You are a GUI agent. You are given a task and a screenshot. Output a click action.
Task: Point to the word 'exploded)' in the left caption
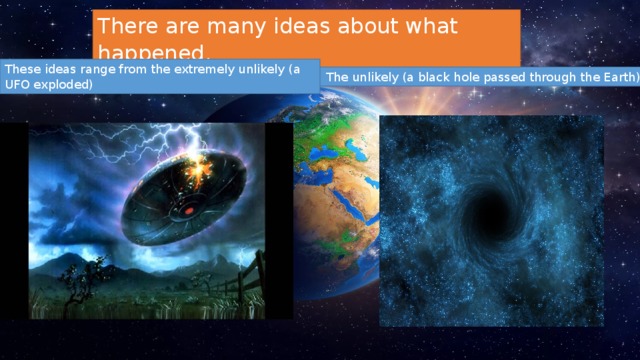click(x=66, y=85)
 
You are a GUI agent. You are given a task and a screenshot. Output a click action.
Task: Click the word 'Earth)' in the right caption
click(x=614, y=77)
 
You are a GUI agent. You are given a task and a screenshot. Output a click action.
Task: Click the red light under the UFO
click(x=187, y=212)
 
